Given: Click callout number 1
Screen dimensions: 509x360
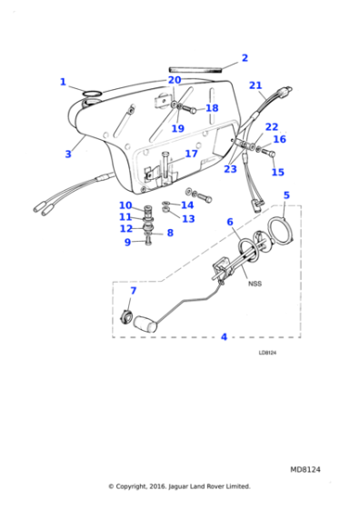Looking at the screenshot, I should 63,83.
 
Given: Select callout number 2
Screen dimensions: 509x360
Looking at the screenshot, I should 244,59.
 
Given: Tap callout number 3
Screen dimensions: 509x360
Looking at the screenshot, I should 68,155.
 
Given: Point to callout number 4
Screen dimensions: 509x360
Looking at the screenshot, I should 224,337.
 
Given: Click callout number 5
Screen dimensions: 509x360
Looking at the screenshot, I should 286,195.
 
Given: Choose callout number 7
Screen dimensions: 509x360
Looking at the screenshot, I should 132,291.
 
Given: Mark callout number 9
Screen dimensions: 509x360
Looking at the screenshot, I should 127,243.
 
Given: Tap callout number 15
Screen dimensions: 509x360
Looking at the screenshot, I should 277,172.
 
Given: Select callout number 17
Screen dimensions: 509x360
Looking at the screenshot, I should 191,154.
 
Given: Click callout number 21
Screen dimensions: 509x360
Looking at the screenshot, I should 256,86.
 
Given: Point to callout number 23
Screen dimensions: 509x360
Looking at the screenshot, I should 230,168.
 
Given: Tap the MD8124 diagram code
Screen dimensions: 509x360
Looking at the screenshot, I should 305,469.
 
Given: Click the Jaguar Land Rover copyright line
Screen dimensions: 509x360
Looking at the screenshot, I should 179,486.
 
